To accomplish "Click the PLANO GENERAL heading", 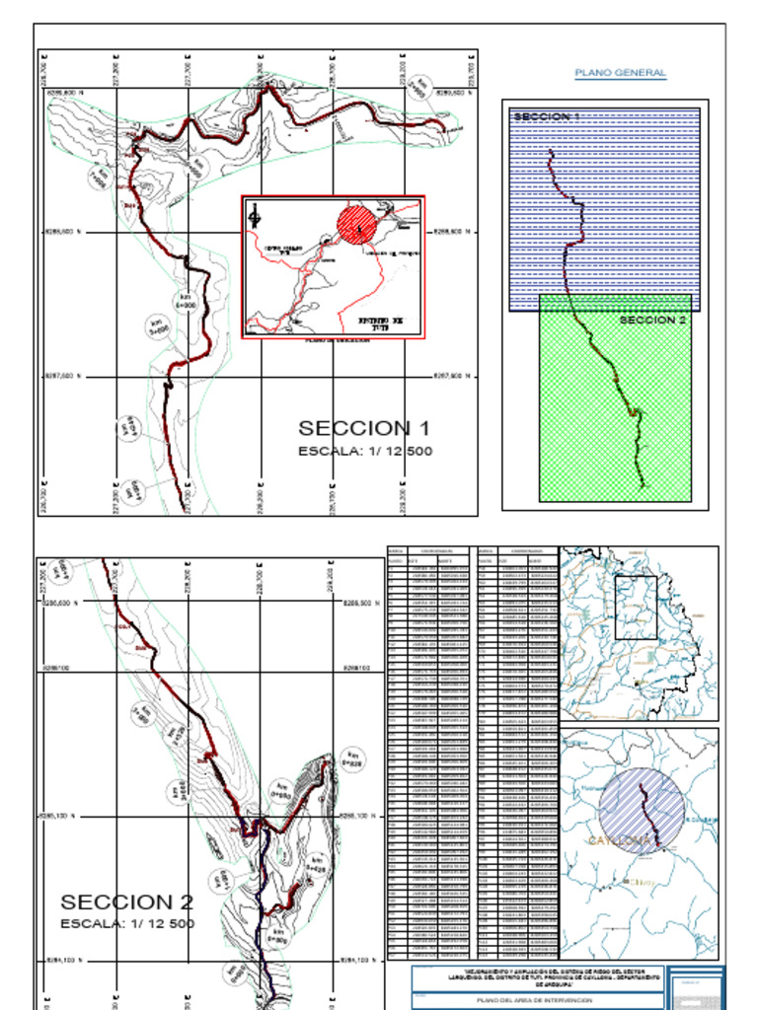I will (x=620, y=73).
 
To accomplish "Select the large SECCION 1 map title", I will (x=364, y=428).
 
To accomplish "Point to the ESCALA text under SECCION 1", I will (x=364, y=451).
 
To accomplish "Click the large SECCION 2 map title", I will (x=127, y=902).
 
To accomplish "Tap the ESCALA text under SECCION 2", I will (x=127, y=924).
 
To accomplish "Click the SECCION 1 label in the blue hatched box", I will (x=546, y=117).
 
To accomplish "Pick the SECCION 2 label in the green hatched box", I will (x=652, y=320).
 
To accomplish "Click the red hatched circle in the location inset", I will (x=356, y=224).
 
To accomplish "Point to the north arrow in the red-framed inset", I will (x=255, y=215).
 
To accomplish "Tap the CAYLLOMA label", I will (x=620, y=840).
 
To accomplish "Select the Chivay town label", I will (x=642, y=881).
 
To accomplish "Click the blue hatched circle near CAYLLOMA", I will (x=642, y=809).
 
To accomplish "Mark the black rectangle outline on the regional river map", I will (x=636, y=607).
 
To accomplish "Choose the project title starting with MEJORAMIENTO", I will (x=539, y=976).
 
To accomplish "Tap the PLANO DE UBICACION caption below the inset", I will (x=337, y=341).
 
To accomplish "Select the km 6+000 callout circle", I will (x=186, y=301).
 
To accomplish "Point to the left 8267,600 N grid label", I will (x=62, y=377).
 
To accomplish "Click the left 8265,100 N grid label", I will (x=61, y=817).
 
